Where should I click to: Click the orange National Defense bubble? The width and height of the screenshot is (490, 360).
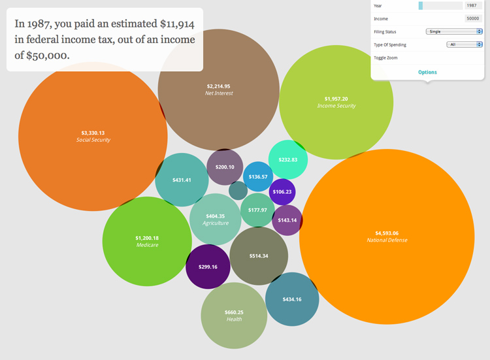[x=387, y=237]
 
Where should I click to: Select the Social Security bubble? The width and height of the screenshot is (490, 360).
[x=93, y=136]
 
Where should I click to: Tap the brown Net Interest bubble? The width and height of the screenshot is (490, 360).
[x=219, y=90]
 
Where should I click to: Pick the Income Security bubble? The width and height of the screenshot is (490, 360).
[x=336, y=102]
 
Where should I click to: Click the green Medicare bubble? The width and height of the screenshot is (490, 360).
[x=146, y=241]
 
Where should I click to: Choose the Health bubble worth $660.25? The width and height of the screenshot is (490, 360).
[x=234, y=316]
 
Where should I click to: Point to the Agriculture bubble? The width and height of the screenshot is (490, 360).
[x=215, y=219]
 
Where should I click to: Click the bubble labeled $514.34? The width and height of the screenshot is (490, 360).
[x=259, y=255]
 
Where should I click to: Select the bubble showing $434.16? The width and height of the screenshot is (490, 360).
[x=292, y=299]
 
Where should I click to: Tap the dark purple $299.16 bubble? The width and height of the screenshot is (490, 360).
[x=208, y=267]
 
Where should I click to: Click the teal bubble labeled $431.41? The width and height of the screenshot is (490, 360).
[x=182, y=180]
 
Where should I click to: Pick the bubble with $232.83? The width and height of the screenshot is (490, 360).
[x=288, y=159]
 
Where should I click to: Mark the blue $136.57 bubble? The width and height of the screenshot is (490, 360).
[x=258, y=176]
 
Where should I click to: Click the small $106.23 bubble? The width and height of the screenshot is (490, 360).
[x=282, y=191]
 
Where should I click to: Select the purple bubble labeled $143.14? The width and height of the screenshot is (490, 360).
[x=287, y=220]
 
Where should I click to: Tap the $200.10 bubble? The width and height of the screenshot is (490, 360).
[x=225, y=167]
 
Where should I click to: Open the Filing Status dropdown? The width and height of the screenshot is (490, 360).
[x=453, y=31]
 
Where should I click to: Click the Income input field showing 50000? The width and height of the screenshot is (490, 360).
[x=473, y=18]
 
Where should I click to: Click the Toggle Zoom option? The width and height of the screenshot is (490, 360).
[x=385, y=57]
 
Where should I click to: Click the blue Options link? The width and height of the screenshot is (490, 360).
[x=427, y=72]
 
